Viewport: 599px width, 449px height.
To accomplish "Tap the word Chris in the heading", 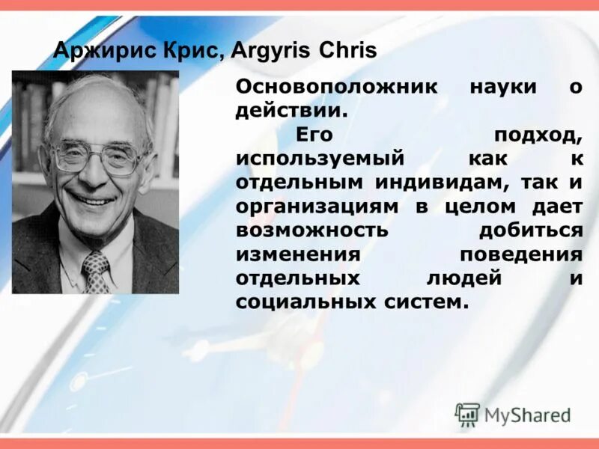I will pos(348,52).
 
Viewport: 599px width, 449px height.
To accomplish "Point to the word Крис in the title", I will pos(180,52).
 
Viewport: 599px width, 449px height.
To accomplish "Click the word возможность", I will pos(311,230).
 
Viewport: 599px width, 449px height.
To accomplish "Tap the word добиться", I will pos(532,230).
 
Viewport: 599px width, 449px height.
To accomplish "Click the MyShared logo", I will pos(513,415).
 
